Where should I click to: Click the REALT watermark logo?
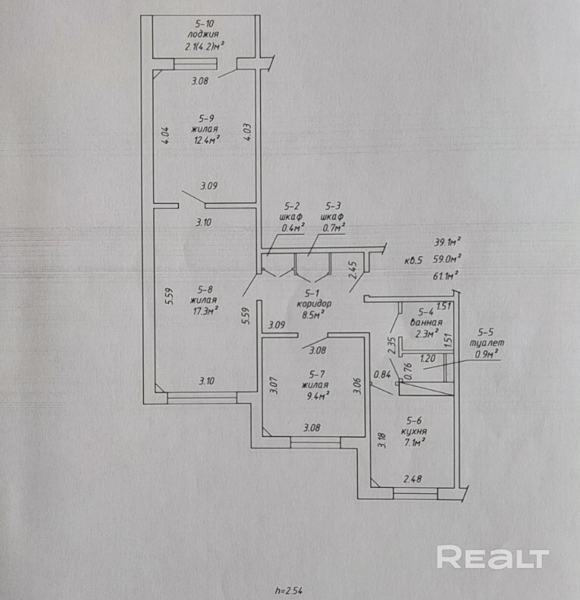(493, 558)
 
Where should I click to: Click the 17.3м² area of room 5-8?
(206, 309)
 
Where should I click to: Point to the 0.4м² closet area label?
(293, 227)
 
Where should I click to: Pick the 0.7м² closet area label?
(334, 227)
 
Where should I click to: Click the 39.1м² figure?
(447, 242)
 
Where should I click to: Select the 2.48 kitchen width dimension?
(412, 479)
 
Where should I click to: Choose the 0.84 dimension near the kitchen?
(384, 373)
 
